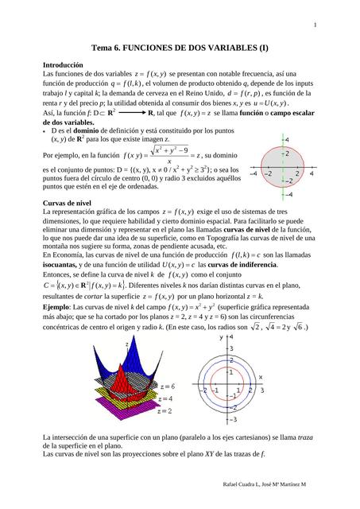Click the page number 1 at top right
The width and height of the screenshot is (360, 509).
tap(315, 25)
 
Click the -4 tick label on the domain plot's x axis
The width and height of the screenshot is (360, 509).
tap(254, 173)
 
